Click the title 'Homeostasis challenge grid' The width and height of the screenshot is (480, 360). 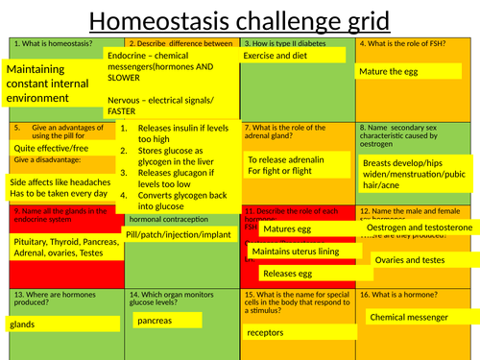(x=239, y=18)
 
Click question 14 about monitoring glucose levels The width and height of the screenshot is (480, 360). (x=178, y=300)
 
